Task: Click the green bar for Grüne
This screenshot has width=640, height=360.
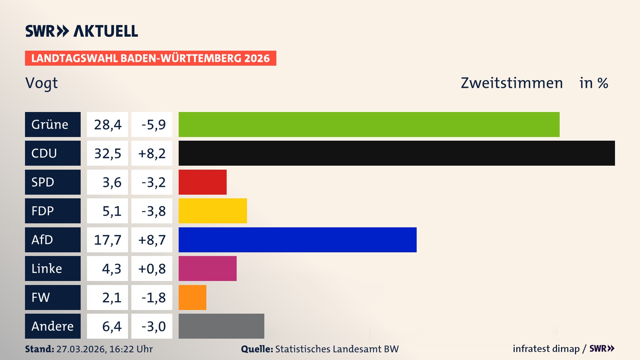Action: click(x=369, y=124)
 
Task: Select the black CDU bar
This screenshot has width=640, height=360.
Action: click(x=397, y=153)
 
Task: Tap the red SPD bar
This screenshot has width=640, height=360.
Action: click(x=203, y=182)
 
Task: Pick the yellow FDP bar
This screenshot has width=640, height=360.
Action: click(x=213, y=211)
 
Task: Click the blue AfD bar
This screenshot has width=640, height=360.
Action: click(x=297, y=240)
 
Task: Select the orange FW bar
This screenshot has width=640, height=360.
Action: click(x=192, y=297)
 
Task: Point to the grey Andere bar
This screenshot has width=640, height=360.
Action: click(x=221, y=326)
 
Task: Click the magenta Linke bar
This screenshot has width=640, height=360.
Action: click(x=207, y=269)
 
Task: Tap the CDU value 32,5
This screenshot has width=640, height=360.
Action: click(x=107, y=153)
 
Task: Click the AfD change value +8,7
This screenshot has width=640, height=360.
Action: click(x=152, y=240)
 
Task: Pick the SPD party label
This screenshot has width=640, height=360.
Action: click(x=53, y=182)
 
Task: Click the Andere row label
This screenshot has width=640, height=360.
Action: click(x=53, y=326)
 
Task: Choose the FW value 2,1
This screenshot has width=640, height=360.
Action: click(x=111, y=297)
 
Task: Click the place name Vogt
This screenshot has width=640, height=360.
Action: click(x=41, y=83)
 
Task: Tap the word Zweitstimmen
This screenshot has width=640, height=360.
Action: click(x=512, y=83)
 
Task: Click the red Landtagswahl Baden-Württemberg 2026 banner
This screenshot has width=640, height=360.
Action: click(x=150, y=58)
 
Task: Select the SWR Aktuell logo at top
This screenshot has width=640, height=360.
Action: click(x=81, y=31)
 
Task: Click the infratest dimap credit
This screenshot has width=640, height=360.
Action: click(x=546, y=349)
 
